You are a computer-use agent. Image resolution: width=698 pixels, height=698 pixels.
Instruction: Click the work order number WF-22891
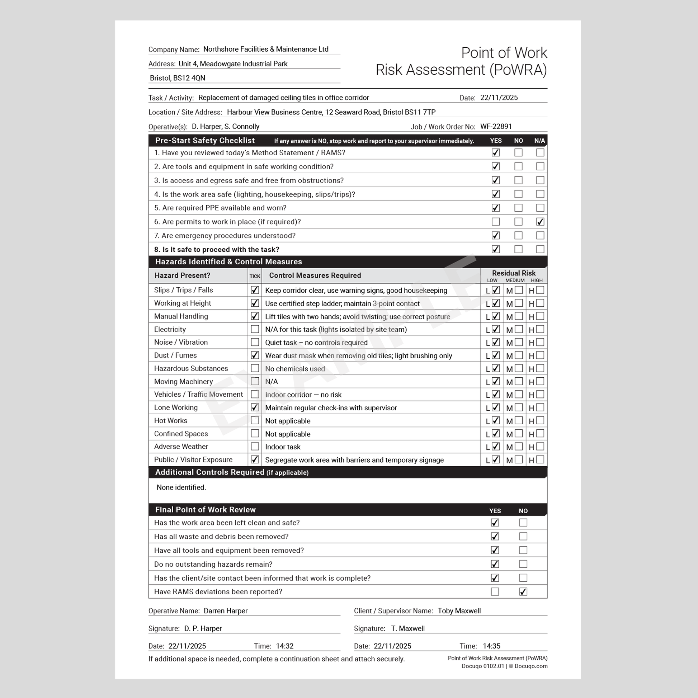pyautogui.click(x=496, y=127)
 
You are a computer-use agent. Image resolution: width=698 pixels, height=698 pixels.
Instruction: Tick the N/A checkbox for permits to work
pyautogui.click(x=540, y=221)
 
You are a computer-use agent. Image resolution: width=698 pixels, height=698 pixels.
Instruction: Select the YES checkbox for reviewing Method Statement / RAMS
pyautogui.click(x=496, y=152)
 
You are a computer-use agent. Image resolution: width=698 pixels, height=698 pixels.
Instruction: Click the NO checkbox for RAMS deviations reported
pyautogui.click(x=523, y=591)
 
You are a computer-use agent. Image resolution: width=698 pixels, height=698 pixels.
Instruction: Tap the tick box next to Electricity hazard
pyautogui.click(x=255, y=329)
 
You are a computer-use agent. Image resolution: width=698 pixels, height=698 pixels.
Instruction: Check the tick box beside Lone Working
pyautogui.click(x=255, y=407)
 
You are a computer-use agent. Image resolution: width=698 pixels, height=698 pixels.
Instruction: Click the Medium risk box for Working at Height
pyautogui.click(x=518, y=303)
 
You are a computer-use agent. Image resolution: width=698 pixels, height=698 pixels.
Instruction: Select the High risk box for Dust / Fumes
pyautogui.click(x=540, y=355)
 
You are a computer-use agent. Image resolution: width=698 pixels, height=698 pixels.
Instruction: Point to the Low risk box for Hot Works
pyautogui.click(x=496, y=420)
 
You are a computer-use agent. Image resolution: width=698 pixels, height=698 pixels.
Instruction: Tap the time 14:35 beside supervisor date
pyautogui.click(x=491, y=646)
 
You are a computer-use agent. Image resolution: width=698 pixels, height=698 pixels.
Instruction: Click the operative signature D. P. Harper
pyautogui.click(x=203, y=628)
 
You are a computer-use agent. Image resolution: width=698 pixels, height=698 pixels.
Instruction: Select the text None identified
pyautogui.click(x=181, y=487)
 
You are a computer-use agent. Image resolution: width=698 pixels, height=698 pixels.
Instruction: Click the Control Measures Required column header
pyautogui.click(x=315, y=275)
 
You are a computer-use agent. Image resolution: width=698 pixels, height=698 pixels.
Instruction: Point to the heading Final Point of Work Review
pyautogui.click(x=205, y=509)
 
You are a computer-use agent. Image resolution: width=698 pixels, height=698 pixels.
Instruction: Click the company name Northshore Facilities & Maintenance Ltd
pyautogui.click(x=265, y=49)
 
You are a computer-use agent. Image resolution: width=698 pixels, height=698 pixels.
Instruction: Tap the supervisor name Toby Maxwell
pyautogui.click(x=459, y=610)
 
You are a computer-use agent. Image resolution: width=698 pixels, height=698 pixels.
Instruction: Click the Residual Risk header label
pyautogui.click(x=513, y=273)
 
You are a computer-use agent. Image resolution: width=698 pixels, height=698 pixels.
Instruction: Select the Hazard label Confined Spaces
pyautogui.click(x=181, y=434)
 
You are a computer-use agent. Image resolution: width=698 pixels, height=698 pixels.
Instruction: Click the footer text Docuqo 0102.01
pyautogui.click(x=483, y=666)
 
